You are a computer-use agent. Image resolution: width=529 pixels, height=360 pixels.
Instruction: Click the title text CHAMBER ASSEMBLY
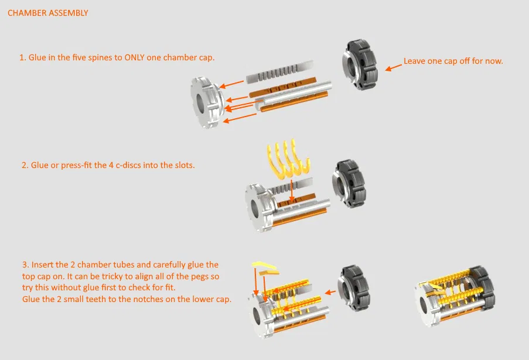click(x=47, y=13)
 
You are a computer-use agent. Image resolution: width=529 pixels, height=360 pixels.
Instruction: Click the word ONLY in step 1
click(x=134, y=57)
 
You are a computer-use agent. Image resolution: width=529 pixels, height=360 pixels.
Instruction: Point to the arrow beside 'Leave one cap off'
click(x=393, y=67)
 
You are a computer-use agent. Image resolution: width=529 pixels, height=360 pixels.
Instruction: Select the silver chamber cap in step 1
click(x=206, y=102)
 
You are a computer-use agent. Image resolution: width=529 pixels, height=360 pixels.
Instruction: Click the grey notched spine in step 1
click(x=279, y=72)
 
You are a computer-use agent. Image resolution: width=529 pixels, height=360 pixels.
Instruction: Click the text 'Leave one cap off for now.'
click(x=453, y=61)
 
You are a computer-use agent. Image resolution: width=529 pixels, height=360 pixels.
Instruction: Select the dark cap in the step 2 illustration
click(x=349, y=183)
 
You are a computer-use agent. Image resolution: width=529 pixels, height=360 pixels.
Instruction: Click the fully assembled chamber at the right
click(x=455, y=296)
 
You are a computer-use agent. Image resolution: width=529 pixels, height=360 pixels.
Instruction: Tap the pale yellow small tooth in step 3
click(x=264, y=265)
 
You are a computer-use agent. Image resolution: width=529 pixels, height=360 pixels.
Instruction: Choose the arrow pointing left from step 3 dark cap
click(x=330, y=292)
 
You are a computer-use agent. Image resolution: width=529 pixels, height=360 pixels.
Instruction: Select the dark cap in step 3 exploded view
click(x=354, y=288)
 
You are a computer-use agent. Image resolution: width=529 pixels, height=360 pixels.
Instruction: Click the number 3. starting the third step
click(x=26, y=265)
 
